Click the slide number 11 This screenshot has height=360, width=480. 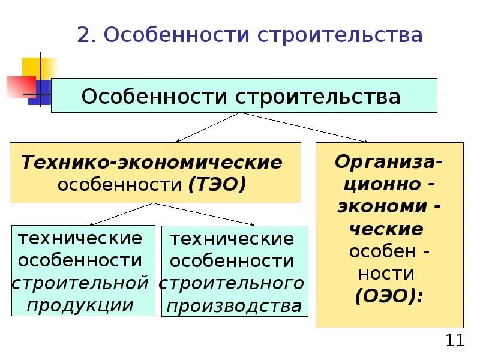[x=455, y=341]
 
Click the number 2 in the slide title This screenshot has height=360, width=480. [x=83, y=35]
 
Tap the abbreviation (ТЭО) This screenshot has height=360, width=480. [x=217, y=184]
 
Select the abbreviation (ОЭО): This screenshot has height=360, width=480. [x=389, y=296]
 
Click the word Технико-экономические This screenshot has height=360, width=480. [x=152, y=162]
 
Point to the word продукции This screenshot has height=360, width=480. [x=80, y=305]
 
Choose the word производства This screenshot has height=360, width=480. [x=234, y=306]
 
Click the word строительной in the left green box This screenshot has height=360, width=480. [x=80, y=283]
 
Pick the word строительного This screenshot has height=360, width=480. [x=232, y=283]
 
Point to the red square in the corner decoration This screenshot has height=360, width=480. [x=20, y=86]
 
